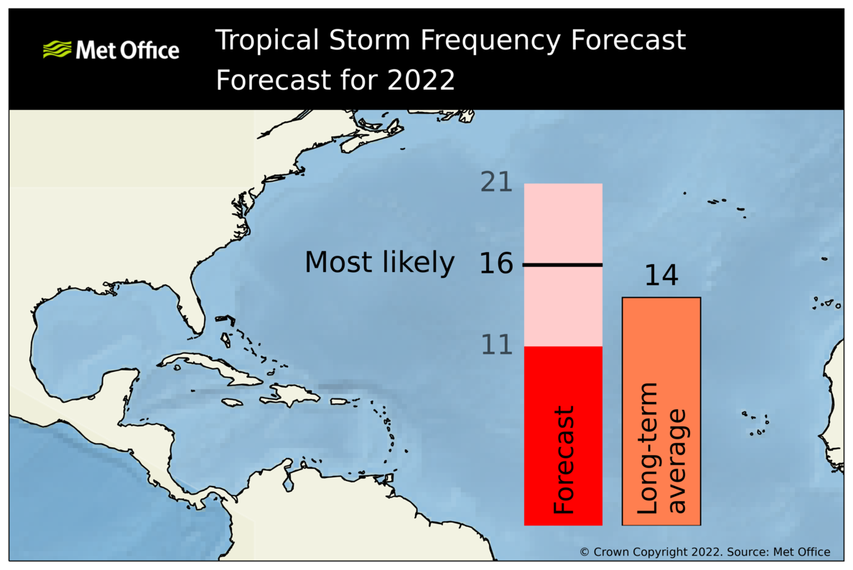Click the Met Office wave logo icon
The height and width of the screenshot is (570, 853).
(x=57, y=50)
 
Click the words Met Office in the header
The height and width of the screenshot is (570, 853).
(x=126, y=50)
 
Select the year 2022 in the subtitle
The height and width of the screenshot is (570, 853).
(x=421, y=80)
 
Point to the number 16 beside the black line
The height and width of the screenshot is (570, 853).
(x=496, y=264)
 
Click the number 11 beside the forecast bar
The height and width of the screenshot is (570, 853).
(x=496, y=345)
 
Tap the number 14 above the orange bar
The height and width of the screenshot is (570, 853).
(x=661, y=276)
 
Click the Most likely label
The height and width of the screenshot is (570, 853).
(x=379, y=263)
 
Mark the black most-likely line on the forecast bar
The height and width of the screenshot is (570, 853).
(x=562, y=265)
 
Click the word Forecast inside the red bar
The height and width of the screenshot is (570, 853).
(x=564, y=459)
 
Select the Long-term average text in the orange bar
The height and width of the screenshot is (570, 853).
(x=661, y=449)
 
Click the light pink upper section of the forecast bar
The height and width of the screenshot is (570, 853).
(x=562, y=223)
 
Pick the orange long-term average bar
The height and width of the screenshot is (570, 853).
(x=661, y=345)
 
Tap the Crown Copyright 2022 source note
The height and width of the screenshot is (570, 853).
(x=704, y=551)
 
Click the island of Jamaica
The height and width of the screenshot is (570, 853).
(x=233, y=402)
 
